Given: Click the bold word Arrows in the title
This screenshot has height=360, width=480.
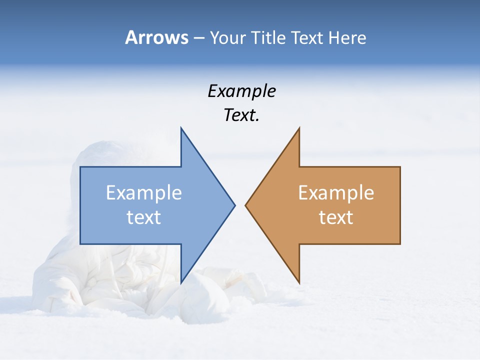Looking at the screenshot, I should tap(156, 37).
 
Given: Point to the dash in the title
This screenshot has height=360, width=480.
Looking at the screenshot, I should tap(198, 38).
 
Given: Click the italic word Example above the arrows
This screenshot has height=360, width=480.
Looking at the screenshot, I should tap(241, 91).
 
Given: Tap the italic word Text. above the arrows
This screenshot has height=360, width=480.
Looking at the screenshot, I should tap(241, 115).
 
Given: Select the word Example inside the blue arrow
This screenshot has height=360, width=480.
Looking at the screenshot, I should tap(144, 192).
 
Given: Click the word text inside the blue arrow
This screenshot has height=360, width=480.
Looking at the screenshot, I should tap(144, 217).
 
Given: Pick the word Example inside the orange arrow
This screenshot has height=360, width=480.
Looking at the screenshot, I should tap(336, 192).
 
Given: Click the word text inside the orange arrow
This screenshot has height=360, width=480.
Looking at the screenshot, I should tap(336, 217).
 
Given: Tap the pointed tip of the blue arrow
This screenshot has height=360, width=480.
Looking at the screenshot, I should tap(235, 205).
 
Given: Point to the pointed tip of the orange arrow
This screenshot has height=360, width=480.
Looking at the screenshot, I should tap(245, 205).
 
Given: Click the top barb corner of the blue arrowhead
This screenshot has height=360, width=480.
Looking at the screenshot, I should tap(181, 127).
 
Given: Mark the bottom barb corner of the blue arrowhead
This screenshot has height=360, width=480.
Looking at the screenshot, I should tap(181, 283).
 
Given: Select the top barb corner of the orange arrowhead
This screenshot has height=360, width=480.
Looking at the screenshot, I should tap(299, 127).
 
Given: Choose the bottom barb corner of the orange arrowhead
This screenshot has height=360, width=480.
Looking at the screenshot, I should tap(299, 283).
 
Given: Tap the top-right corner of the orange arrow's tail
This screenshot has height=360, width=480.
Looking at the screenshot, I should tap(400, 167).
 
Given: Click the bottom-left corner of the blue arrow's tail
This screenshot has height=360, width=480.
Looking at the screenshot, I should tap(80, 244).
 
